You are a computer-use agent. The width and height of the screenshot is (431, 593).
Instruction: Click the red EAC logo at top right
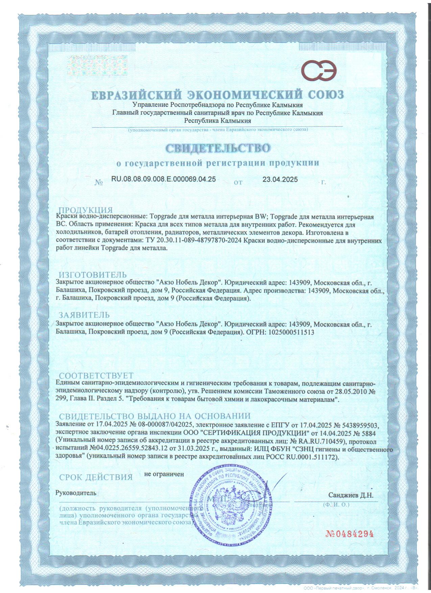coord(319,72)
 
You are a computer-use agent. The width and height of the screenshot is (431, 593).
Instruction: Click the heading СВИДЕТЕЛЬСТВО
coord(218,148)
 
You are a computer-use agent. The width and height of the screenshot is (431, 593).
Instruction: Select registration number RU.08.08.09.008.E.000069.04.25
coord(163,179)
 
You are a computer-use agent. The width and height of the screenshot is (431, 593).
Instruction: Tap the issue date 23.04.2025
coord(280,180)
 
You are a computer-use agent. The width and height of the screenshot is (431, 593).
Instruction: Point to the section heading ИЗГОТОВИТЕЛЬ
coord(93,275)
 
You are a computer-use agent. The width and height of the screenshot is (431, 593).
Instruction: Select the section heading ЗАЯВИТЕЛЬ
coord(84,315)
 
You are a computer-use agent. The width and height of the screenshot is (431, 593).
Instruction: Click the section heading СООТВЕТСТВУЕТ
coord(96,376)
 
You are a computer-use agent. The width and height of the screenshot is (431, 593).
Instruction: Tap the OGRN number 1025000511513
coord(291,332)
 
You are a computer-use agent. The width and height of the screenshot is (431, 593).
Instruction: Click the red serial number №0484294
coord(350,534)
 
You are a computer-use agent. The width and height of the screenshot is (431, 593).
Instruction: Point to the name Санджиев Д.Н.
coord(351,495)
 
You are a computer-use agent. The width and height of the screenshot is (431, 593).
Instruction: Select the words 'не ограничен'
coord(164,474)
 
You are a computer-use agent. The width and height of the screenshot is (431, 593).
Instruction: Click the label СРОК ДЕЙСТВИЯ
coord(96,477)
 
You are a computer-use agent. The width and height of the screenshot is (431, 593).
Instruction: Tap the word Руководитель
coord(76,493)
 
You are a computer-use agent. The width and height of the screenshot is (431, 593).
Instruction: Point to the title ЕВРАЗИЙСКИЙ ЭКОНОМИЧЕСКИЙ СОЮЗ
coord(218,95)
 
